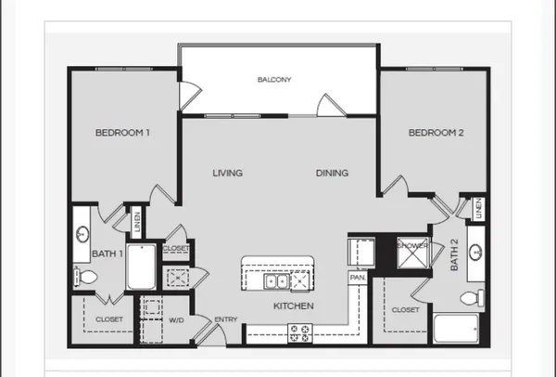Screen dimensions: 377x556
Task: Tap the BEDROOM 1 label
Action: click(x=122, y=133)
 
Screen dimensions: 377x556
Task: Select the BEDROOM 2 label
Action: click(x=436, y=133)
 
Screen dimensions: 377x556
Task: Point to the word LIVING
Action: click(x=227, y=173)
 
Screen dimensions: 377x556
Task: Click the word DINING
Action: click(x=332, y=173)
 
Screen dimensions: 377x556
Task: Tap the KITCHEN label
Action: click(x=293, y=306)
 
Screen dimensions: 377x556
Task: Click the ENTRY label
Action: click(x=226, y=320)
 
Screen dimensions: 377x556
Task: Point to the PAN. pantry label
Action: click(x=357, y=278)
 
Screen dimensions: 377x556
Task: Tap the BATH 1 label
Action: click(x=105, y=252)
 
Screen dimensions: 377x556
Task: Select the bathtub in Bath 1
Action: click(x=140, y=266)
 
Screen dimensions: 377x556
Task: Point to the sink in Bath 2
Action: click(x=475, y=251)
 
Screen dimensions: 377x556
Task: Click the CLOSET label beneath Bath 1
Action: click(x=109, y=319)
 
